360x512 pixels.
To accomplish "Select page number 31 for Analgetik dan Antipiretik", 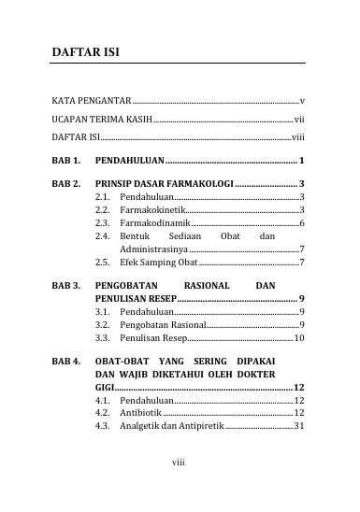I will tap(299, 425).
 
